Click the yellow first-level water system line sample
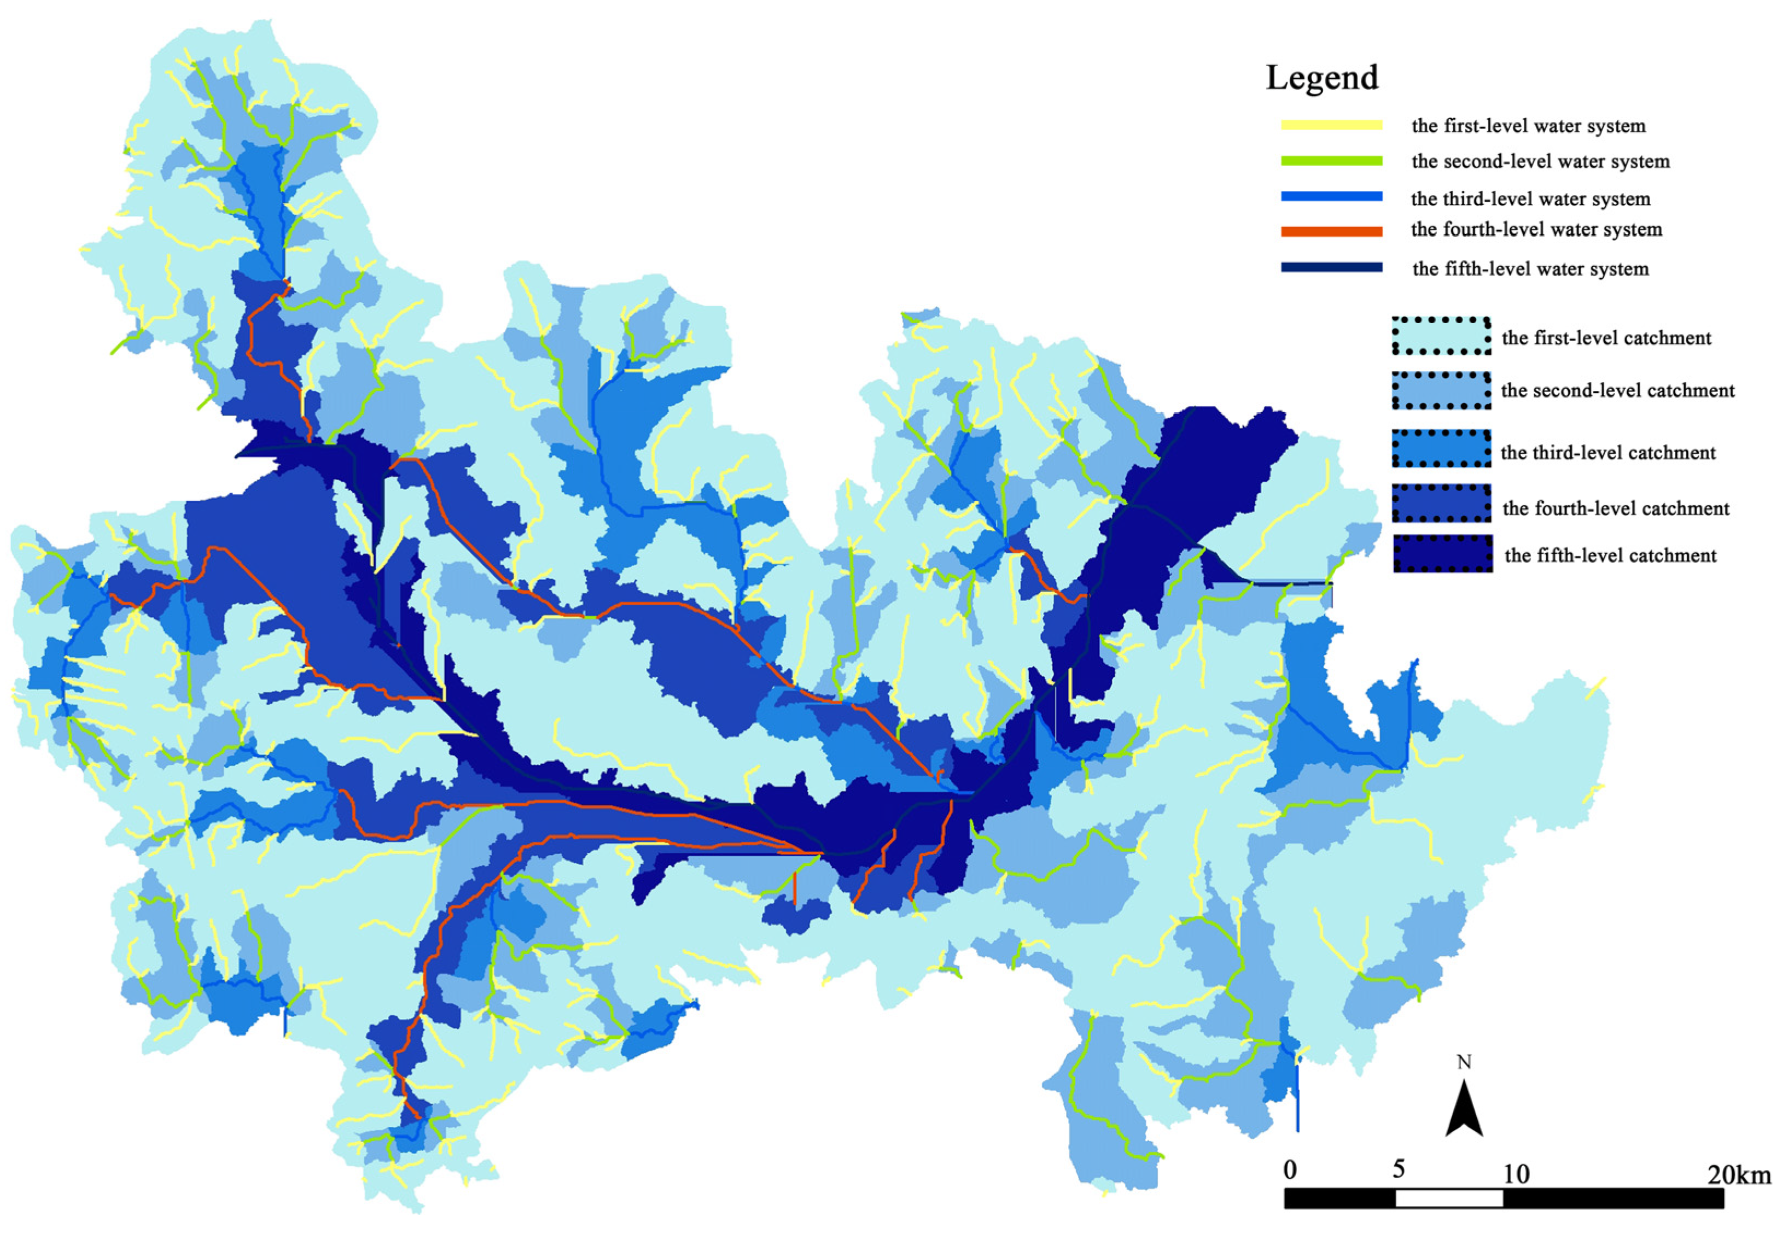(1332, 125)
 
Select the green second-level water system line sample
(1332, 161)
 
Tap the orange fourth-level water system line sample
(1332, 231)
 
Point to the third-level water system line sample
(1332, 197)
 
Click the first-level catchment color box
(1441, 336)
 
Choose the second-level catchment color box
(1441, 390)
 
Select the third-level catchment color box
(1441, 449)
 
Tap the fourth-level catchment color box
(1441, 504)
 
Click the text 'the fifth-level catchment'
(1610, 555)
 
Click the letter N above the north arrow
(1464, 1063)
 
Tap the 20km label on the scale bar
(1739, 1174)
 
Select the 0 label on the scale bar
(1290, 1169)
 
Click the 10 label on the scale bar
(1516, 1174)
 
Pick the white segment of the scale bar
(1448, 1198)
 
